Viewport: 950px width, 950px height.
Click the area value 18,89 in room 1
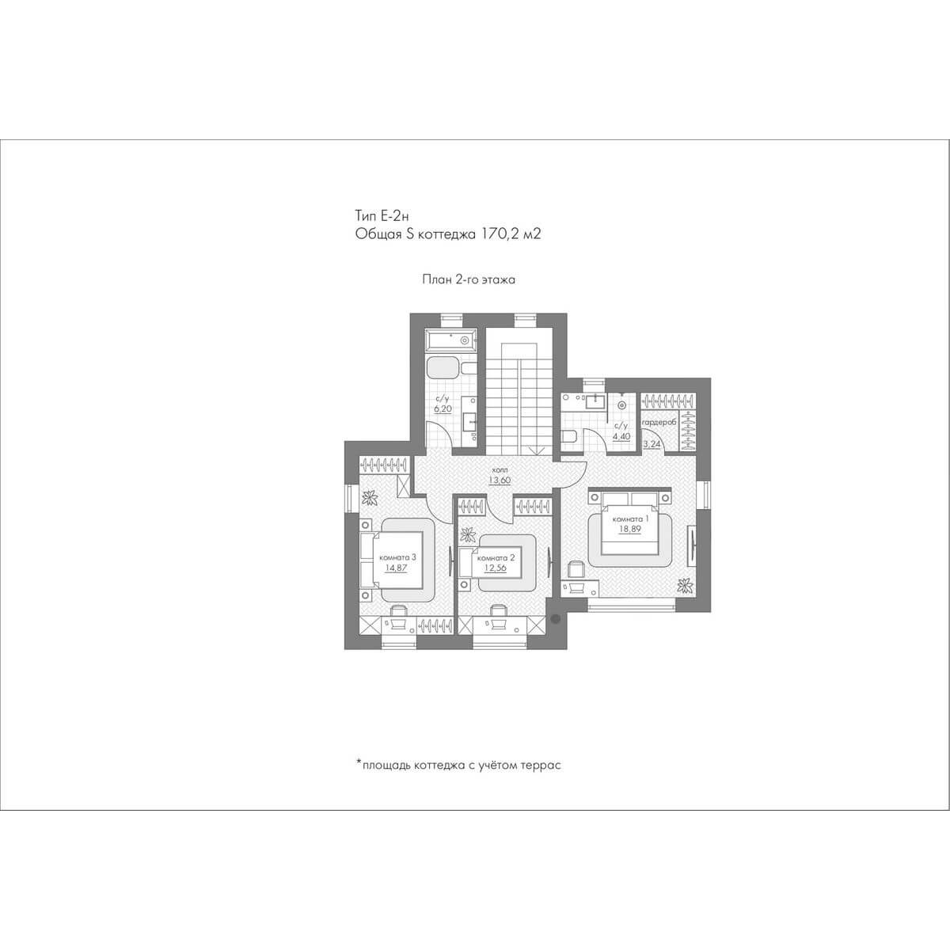[x=630, y=529]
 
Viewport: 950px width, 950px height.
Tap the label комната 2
[x=496, y=557]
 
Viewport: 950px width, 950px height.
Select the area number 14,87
[x=397, y=567]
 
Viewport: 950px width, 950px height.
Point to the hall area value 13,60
[x=500, y=480]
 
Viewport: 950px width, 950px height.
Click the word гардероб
[x=659, y=423]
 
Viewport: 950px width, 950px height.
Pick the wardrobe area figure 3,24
[x=652, y=444]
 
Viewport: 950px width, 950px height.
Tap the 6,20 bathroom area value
[x=443, y=408]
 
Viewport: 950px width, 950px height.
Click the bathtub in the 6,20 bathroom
[x=450, y=339]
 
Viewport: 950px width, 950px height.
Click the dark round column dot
[x=556, y=617]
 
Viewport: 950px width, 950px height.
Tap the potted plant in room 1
[x=684, y=585]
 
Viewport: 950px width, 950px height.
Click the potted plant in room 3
[x=369, y=497]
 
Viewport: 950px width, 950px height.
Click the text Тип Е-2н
[x=382, y=215]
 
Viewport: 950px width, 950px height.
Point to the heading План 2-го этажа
[x=469, y=280]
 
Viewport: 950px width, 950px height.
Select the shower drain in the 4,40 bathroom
[x=622, y=405]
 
